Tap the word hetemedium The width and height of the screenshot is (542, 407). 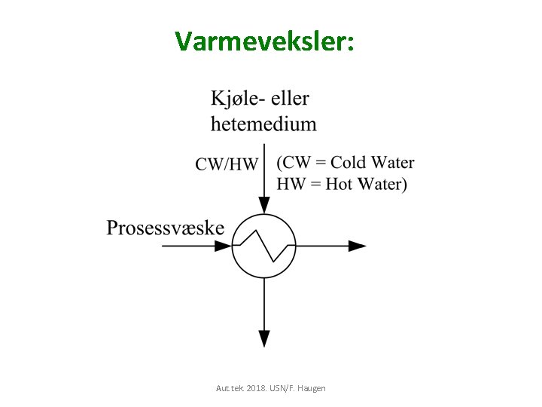tap(263, 123)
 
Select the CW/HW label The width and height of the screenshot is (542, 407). tap(227, 164)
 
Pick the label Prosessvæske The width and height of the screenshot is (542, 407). tap(165, 228)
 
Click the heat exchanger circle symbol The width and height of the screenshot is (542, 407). tap(263, 246)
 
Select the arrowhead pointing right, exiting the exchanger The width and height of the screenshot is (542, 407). tap(358, 246)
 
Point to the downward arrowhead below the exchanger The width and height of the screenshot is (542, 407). tap(263, 339)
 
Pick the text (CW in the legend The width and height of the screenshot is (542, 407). tap(294, 162)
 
